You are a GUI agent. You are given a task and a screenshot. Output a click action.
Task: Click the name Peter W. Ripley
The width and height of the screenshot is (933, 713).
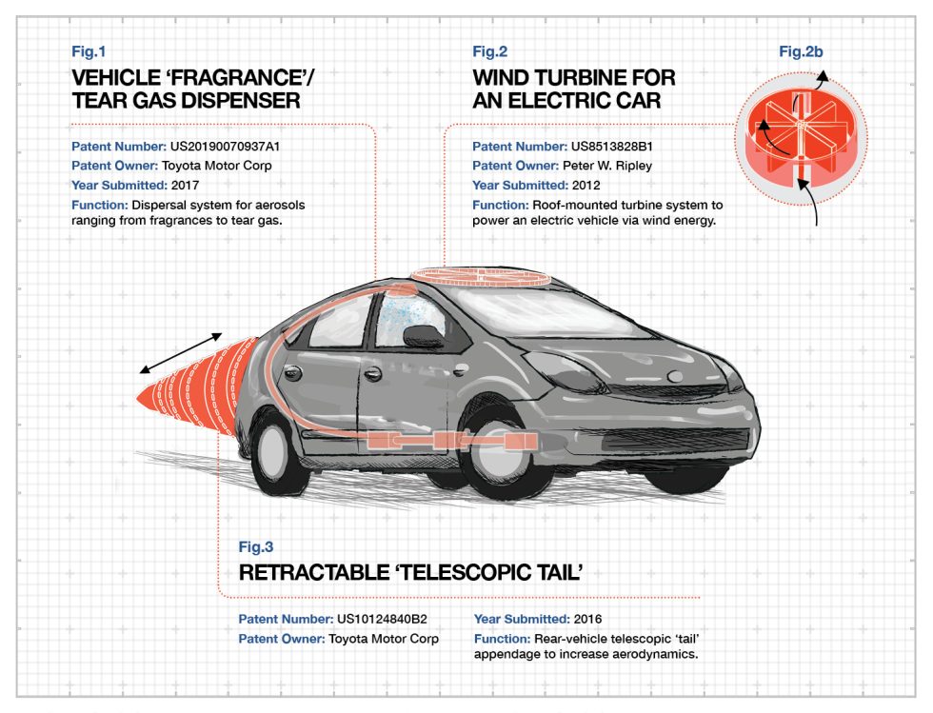(x=604, y=166)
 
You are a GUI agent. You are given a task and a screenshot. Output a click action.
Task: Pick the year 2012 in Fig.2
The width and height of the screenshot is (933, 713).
(x=586, y=185)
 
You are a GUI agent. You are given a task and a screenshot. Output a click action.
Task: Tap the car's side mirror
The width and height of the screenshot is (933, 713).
(x=423, y=336)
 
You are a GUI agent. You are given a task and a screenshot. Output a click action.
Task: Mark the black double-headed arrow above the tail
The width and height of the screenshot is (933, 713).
(x=181, y=352)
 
